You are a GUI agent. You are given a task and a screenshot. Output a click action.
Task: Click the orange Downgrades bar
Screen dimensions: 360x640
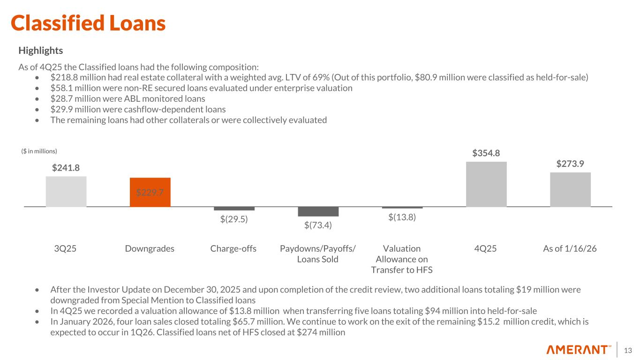pyautogui.click(x=150, y=192)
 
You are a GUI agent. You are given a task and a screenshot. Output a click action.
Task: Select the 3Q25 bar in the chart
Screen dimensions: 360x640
pyautogui.click(x=66, y=191)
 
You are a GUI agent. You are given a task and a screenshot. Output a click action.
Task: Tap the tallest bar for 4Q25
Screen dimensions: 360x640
pyautogui.click(x=486, y=184)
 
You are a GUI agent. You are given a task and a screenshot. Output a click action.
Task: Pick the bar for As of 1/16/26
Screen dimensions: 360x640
pyautogui.click(x=570, y=189)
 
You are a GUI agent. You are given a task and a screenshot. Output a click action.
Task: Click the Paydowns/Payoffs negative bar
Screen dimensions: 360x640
pyautogui.click(x=318, y=211)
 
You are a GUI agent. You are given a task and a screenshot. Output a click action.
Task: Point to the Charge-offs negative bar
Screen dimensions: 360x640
pyautogui.click(x=234, y=209)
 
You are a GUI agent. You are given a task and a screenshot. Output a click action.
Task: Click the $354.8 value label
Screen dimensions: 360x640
pyautogui.click(x=486, y=153)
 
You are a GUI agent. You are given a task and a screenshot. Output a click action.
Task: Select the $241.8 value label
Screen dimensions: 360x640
pyautogui.click(x=66, y=168)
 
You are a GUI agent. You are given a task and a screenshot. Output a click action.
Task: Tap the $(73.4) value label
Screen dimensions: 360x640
pyautogui.click(x=318, y=225)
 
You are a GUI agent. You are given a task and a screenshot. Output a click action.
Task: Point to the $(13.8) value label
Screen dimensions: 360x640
pyautogui.click(x=402, y=217)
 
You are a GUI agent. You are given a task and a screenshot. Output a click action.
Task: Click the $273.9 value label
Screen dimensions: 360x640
pyautogui.click(x=570, y=164)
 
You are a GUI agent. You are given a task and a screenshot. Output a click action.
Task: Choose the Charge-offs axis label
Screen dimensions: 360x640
pyautogui.click(x=233, y=248)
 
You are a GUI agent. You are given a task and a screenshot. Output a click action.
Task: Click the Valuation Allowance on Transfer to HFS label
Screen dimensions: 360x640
pyautogui.click(x=402, y=259)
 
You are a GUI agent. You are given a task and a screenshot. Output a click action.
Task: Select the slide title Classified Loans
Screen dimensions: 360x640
pyautogui.click(x=88, y=23)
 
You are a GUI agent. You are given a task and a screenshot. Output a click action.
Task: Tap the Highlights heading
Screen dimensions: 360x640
pyautogui.click(x=40, y=50)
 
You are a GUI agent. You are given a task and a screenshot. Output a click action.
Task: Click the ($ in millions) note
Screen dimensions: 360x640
pyautogui.click(x=39, y=151)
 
